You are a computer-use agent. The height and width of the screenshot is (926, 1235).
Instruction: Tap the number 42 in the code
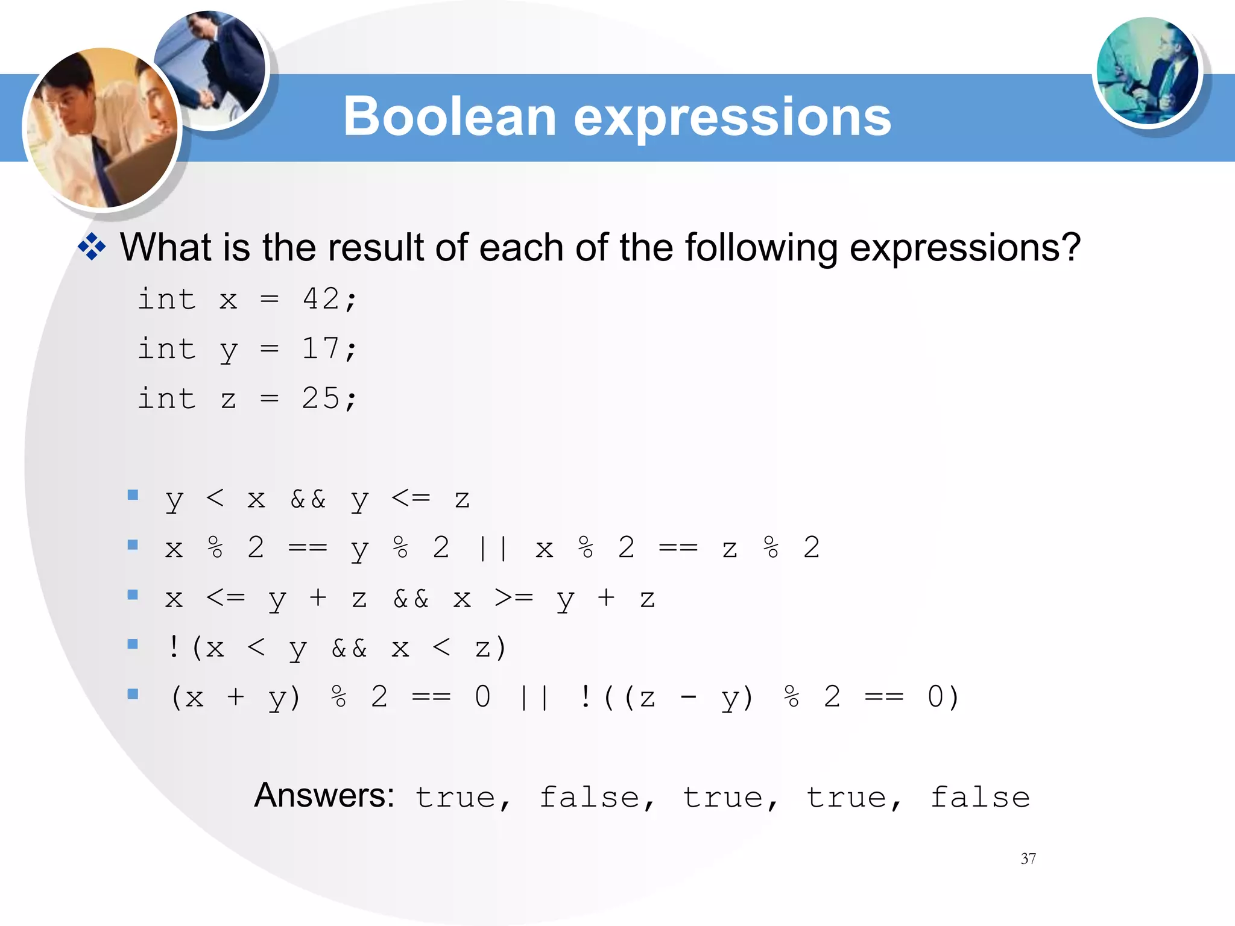(x=321, y=298)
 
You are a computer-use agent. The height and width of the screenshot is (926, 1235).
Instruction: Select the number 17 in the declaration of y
(x=321, y=348)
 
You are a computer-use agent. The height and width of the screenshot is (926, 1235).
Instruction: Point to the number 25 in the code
(x=321, y=398)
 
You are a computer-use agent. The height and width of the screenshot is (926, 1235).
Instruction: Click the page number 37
(x=1028, y=858)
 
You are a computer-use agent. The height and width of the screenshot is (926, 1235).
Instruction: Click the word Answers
(x=324, y=795)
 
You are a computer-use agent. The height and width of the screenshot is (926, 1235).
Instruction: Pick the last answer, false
(x=980, y=797)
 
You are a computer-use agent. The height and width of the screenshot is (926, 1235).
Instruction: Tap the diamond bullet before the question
(x=92, y=247)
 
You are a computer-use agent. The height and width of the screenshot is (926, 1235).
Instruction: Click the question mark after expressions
(x=1070, y=247)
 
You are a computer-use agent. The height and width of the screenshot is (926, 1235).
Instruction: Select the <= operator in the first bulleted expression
(x=411, y=498)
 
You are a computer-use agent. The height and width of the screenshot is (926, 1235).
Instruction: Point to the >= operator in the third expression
(x=514, y=597)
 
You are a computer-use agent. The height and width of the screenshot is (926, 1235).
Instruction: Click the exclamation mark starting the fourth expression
(x=174, y=647)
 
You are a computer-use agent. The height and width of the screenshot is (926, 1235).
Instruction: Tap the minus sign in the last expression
(x=688, y=698)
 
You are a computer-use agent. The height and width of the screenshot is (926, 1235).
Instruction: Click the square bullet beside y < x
(x=133, y=496)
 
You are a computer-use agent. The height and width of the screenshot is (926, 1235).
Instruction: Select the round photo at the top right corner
(x=1147, y=71)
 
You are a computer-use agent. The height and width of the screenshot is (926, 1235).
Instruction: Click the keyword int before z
(x=167, y=398)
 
